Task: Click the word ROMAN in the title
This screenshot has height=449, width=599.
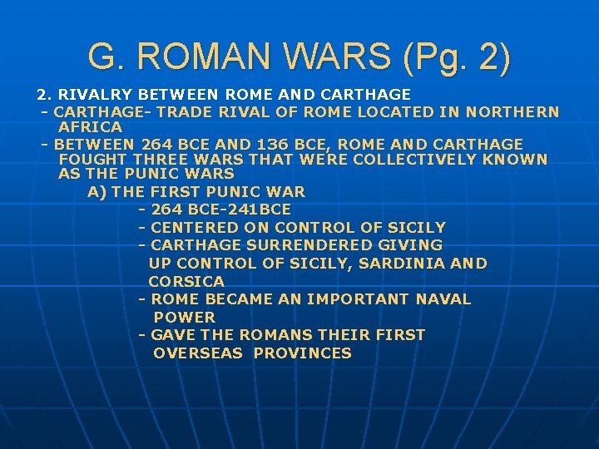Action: [x=199, y=57]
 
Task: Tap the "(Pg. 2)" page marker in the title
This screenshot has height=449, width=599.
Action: [x=458, y=57]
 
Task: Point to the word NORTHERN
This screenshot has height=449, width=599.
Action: [x=512, y=111]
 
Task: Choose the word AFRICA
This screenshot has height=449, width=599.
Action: [x=91, y=127]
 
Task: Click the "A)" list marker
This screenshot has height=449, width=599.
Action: [x=97, y=191]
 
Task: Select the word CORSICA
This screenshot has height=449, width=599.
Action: [x=186, y=281]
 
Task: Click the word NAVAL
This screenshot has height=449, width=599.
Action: [x=443, y=299]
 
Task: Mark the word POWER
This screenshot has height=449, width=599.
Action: [x=184, y=317]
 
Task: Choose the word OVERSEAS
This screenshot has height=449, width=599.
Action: [x=199, y=353]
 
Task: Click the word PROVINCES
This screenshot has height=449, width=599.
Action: [x=303, y=353]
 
